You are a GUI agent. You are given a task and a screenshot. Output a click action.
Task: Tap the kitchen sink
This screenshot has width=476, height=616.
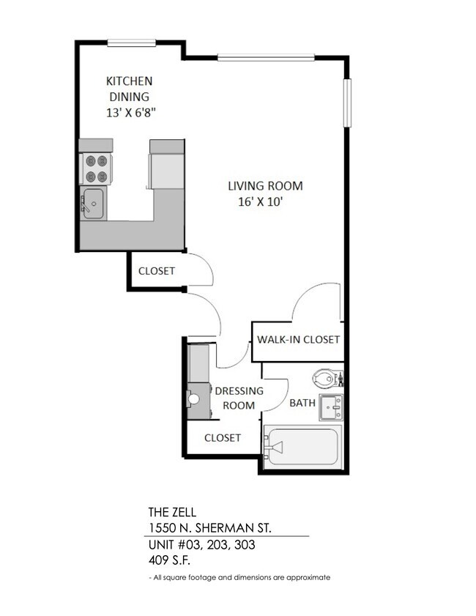click(x=92, y=203)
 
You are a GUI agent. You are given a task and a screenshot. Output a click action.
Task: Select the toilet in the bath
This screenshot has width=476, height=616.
click(x=325, y=379)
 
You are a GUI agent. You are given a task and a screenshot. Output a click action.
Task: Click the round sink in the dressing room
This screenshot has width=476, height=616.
click(x=194, y=400)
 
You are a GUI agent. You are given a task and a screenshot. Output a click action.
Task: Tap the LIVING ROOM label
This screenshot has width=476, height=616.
click(x=264, y=186)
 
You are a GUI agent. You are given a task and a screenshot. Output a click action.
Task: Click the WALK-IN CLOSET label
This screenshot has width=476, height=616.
click(x=298, y=339)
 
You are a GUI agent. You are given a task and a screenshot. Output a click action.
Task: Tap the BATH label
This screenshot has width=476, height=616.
click(x=302, y=403)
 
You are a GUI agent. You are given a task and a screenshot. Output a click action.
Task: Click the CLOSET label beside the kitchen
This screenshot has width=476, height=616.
click(x=157, y=271)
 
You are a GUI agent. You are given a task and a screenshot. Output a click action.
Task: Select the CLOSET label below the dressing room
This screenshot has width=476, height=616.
click(x=222, y=438)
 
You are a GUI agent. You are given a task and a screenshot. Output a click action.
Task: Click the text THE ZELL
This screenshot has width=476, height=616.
click(x=172, y=513)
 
